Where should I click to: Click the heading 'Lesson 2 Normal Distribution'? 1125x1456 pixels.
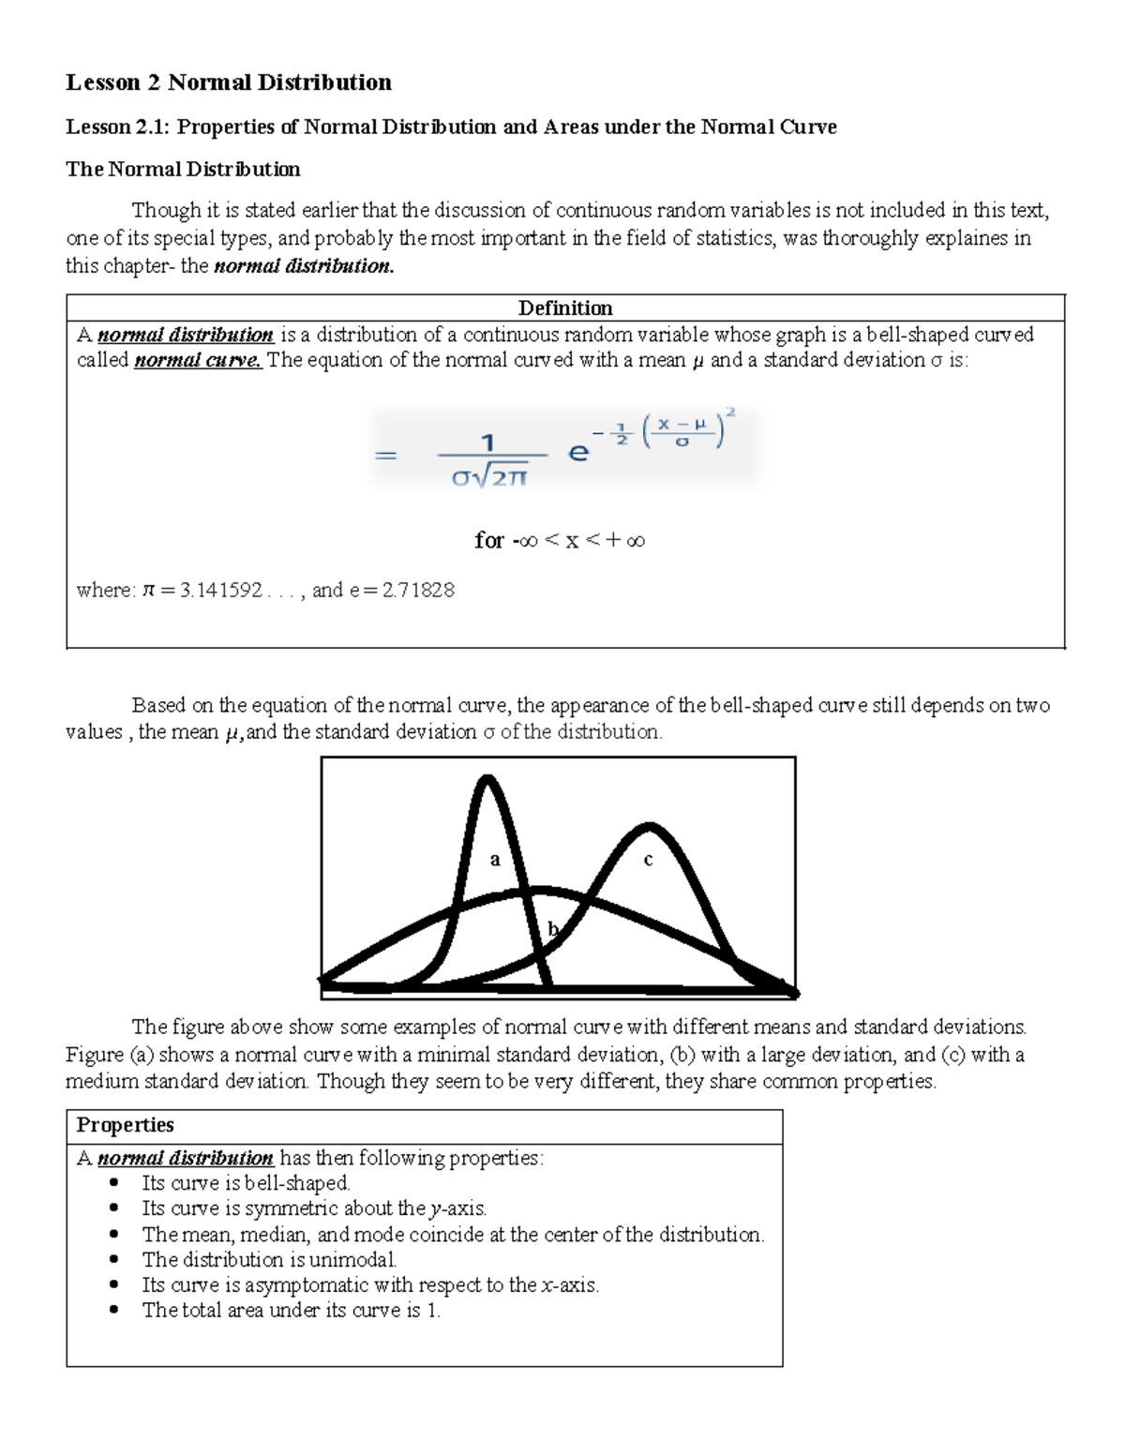pos(228,83)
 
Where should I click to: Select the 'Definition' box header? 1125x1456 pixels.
pos(565,308)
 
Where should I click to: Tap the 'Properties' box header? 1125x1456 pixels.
pos(125,1124)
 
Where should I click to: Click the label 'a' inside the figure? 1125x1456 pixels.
pos(495,859)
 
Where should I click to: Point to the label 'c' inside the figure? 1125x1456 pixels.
pos(647,859)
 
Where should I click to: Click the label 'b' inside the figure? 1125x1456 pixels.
pos(552,928)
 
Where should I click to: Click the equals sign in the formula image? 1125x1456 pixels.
pos(385,456)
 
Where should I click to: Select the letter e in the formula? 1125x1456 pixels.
pos(578,453)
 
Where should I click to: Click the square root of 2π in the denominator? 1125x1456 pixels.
pos(502,477)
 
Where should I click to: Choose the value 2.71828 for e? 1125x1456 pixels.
pos(418,590)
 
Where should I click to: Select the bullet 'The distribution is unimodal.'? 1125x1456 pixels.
pos(269,1259)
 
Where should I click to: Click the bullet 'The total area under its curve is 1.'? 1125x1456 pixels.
pos(291,1310)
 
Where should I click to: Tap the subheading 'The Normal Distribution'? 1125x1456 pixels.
pos(183,169)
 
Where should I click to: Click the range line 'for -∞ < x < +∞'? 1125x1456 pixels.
pos(560,540)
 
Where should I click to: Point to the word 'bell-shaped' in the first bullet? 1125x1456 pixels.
pos(296,1182)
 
